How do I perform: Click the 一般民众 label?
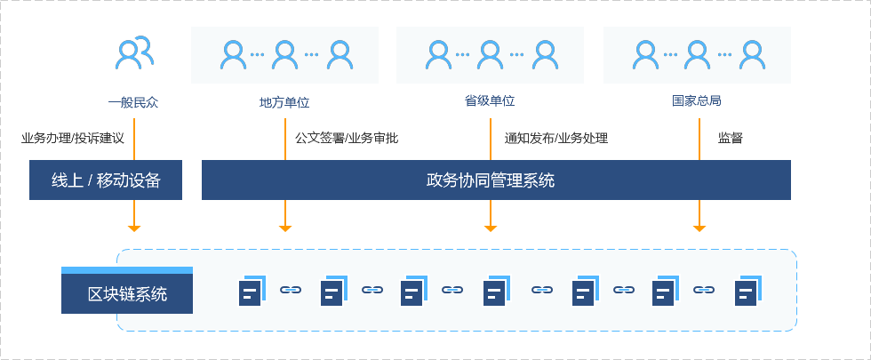click(x=132, y=101)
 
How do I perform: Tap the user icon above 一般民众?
click(x=134, y=53)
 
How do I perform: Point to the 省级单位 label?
click(x=490, y=101)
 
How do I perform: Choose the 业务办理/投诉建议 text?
click(x=72, y=138)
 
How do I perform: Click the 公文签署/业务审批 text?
click(x=347, y=138)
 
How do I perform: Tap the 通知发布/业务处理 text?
click(x=556, y=138)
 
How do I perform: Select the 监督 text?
click(x=731, y=138)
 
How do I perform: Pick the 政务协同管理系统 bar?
click(x=496, y=180)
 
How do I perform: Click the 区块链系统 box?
click(x=127, y=293)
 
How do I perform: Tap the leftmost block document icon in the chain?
click(x=252, y=291)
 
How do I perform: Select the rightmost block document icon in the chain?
click(x=747, y=291)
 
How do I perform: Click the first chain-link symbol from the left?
click(x=292, y=290)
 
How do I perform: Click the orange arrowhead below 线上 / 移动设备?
click(x=134, y=228)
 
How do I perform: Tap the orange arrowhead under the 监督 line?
click(x=699, y=228)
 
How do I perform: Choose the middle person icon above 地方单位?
click(x=284, y=55)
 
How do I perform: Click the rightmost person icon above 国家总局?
click(x=752, y=55)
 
